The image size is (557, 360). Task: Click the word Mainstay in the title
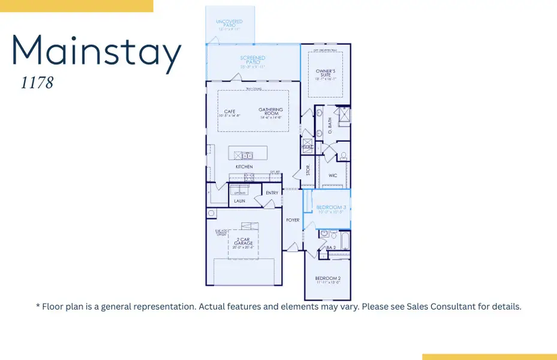click(x=96, y=53)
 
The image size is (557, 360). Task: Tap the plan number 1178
click(x=37, y=83)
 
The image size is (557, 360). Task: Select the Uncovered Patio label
click(x=229, y=24)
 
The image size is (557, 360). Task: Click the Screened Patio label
click(x=252, y=60)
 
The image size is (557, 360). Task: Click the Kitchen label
click(x=244, y=166)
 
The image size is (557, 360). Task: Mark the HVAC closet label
click(x=308, y=147)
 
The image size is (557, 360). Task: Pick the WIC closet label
click(x=333, y=176)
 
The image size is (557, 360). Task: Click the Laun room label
click(x=240, y=201)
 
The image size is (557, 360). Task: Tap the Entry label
click(x=272, y=193)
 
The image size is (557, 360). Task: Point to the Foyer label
click(x=293, y=220)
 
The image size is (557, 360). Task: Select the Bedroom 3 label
click(x=331, y=208)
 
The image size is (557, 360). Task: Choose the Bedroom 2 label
click(x=328, y=280)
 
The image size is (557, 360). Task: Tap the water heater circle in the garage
click(x=212, y=213)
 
